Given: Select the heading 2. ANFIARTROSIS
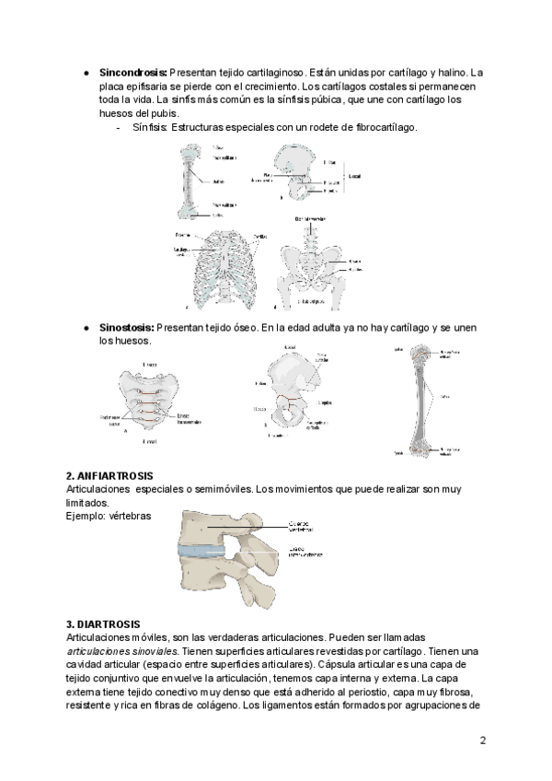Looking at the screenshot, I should click(116, 475).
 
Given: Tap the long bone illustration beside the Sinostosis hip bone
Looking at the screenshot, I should click(420, 401).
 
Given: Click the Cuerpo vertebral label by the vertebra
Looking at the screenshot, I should click(309, 524).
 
